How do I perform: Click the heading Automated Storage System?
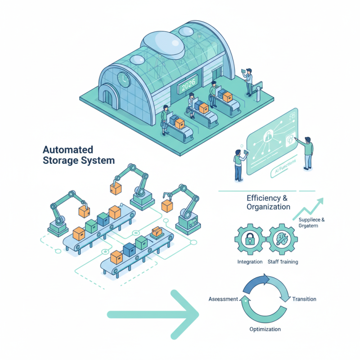click(x=78, y=155)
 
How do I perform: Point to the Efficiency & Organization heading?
click(x=268, y=202)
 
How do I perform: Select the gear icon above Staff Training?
click(x=282, y=240)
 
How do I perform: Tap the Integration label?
click(x=250, y=261)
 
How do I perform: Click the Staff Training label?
click(x=283, y=261)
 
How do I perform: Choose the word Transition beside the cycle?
click(x=304, y=299)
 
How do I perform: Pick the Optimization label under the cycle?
click(x=265, y=329)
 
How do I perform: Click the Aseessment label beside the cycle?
click(x=223, y=299)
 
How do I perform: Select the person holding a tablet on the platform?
click(x=248, y=81)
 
